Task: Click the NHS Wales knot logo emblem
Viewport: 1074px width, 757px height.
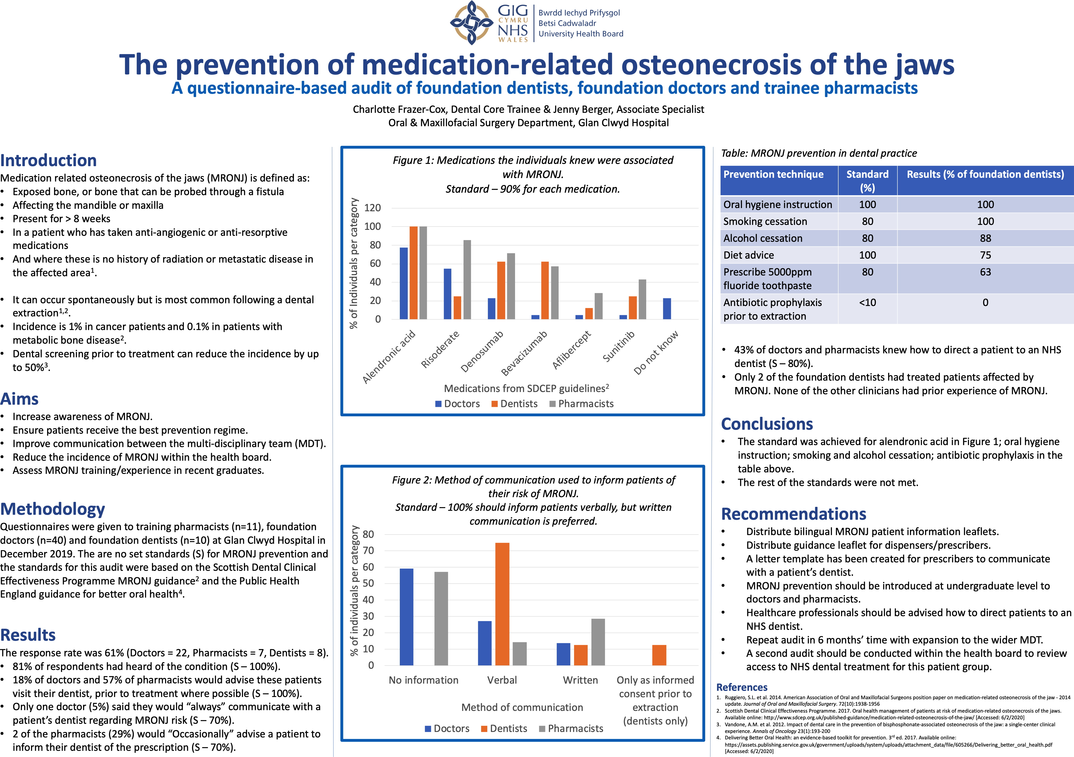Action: tap(471, 23)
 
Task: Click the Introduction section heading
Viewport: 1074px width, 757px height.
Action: tap(48, 160)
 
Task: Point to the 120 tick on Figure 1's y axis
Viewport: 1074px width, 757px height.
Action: tap(372, 208)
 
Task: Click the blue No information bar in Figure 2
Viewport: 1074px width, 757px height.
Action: tap(406, 617)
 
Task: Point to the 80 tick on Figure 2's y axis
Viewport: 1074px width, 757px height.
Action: tap(369, 534)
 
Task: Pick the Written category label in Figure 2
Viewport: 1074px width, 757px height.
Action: tap(580, 680)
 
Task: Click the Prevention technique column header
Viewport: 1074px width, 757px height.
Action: tap(773, 175)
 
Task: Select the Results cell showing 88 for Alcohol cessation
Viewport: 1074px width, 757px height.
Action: tap(985, 238)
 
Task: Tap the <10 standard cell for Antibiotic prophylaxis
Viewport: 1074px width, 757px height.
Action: tap(867, 303)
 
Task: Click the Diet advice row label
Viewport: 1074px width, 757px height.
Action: tap(749, 255)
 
